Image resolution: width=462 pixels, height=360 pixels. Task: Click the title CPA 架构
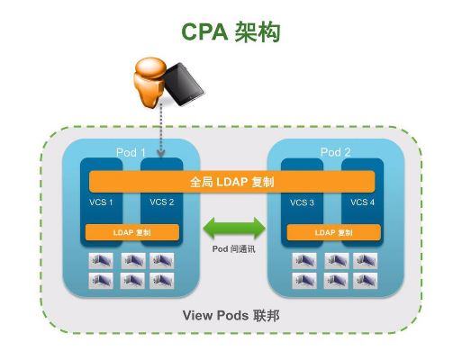coord(231,31)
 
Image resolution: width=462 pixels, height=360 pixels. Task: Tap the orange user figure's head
coord(150,67)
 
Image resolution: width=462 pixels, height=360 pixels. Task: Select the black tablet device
coord(183,84)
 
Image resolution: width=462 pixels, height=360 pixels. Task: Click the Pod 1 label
coord(131,152)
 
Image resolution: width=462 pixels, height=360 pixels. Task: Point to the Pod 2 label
coord(335,152)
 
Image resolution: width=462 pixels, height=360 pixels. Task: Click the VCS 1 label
coord(101,202)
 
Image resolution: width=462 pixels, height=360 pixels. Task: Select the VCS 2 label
coord(162,202)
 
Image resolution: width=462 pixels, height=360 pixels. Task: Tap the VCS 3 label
coord(302,202)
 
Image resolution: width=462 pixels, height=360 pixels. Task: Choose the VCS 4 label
coord(363,202)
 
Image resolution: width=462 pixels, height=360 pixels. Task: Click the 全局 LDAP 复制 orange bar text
coord(232,182)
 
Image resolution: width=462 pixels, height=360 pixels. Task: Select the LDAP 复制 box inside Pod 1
coord(132,232)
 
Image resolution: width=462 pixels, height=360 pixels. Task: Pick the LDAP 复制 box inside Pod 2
coord(334,232)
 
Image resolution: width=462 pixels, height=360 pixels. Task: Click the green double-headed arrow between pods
coord(234,229)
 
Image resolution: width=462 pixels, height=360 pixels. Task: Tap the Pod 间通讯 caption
coord(234,249)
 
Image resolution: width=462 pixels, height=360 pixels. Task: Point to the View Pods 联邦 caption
coord(231,316)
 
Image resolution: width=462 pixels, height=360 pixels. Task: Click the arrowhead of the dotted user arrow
coord(161,154)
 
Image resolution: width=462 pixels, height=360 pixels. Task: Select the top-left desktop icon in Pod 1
coord(101,260)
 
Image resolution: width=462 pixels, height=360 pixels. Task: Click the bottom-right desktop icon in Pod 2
coord(365,281)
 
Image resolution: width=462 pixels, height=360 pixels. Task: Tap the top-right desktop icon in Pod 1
coord(162,260)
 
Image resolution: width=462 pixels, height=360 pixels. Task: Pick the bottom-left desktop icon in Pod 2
coord(304,281)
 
